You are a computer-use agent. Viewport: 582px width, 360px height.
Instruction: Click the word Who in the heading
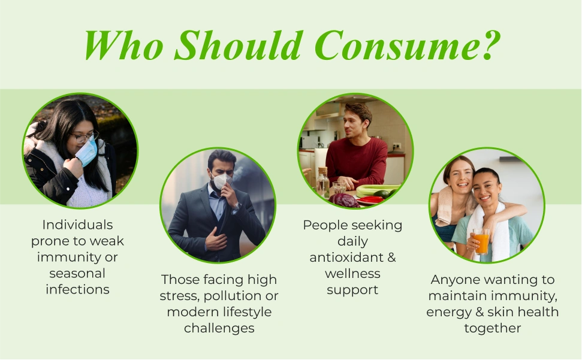pyautogui.click(x=123, y=45)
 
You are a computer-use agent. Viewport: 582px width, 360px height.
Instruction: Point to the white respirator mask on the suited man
pyautogui.click(x=222, y=180)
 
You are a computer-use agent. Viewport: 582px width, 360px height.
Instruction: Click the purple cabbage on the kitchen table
pyautogui.click(x=343, y=200)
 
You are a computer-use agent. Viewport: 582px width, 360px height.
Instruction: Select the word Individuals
pyautogui.click(x=77, y=225)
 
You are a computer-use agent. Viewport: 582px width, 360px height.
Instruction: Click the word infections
pyautogui.click(x=77, y=289)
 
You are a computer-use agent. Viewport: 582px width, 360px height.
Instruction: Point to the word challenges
pyautogui.click(x=219, y=328)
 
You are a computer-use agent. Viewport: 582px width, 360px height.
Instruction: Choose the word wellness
pyautogui.click(x=352, y=273)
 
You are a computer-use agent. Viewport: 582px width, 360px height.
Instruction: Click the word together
pyautogui.click(x=493, y=328)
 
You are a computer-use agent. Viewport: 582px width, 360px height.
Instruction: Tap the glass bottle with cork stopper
pyautogui.click(x=323, y=181)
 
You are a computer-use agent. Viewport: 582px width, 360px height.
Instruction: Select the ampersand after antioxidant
pyautogui.click(x=391, y=257)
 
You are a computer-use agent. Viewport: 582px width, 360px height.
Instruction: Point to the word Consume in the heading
pyautogui.click(x=395, y=45)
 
